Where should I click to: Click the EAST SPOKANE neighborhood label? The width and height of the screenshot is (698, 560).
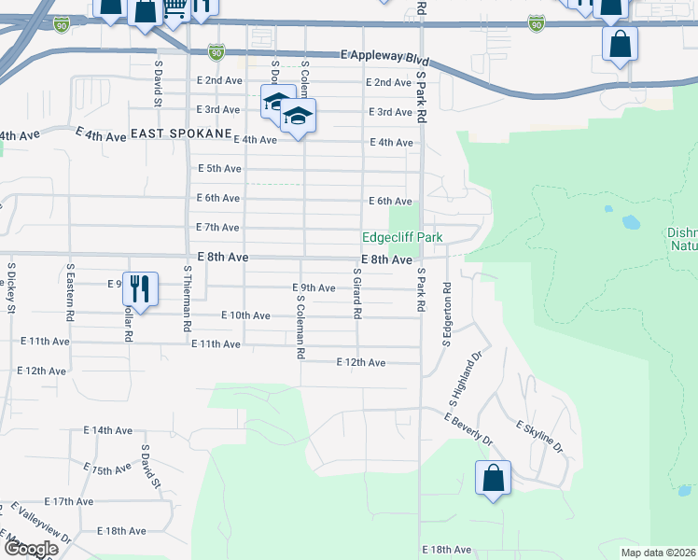pyautogui.click(x=181, y=134)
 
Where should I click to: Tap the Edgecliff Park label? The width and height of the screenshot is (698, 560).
pyautogui.click(x=402, y=237)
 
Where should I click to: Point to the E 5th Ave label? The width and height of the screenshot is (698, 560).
pyautogui.click(x=219, y=169)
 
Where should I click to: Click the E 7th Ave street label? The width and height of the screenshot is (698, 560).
pyautogui.click(x=217, y=228)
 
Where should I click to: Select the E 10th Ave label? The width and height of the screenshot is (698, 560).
pyautogui.click(x=245, y=316)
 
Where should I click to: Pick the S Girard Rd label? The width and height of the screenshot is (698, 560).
pyautogui.click(x=356, y=293)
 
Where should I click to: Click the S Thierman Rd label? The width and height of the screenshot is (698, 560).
pyautogui.click(x=188, y=299)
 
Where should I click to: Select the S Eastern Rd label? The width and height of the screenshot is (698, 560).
pyautogui.click(x=70, y=292)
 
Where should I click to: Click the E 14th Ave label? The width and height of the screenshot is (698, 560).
pyautogui.click(x=107, y=430)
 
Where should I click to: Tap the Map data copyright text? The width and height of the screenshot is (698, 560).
pyautogui.click(x=659, y=553)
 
